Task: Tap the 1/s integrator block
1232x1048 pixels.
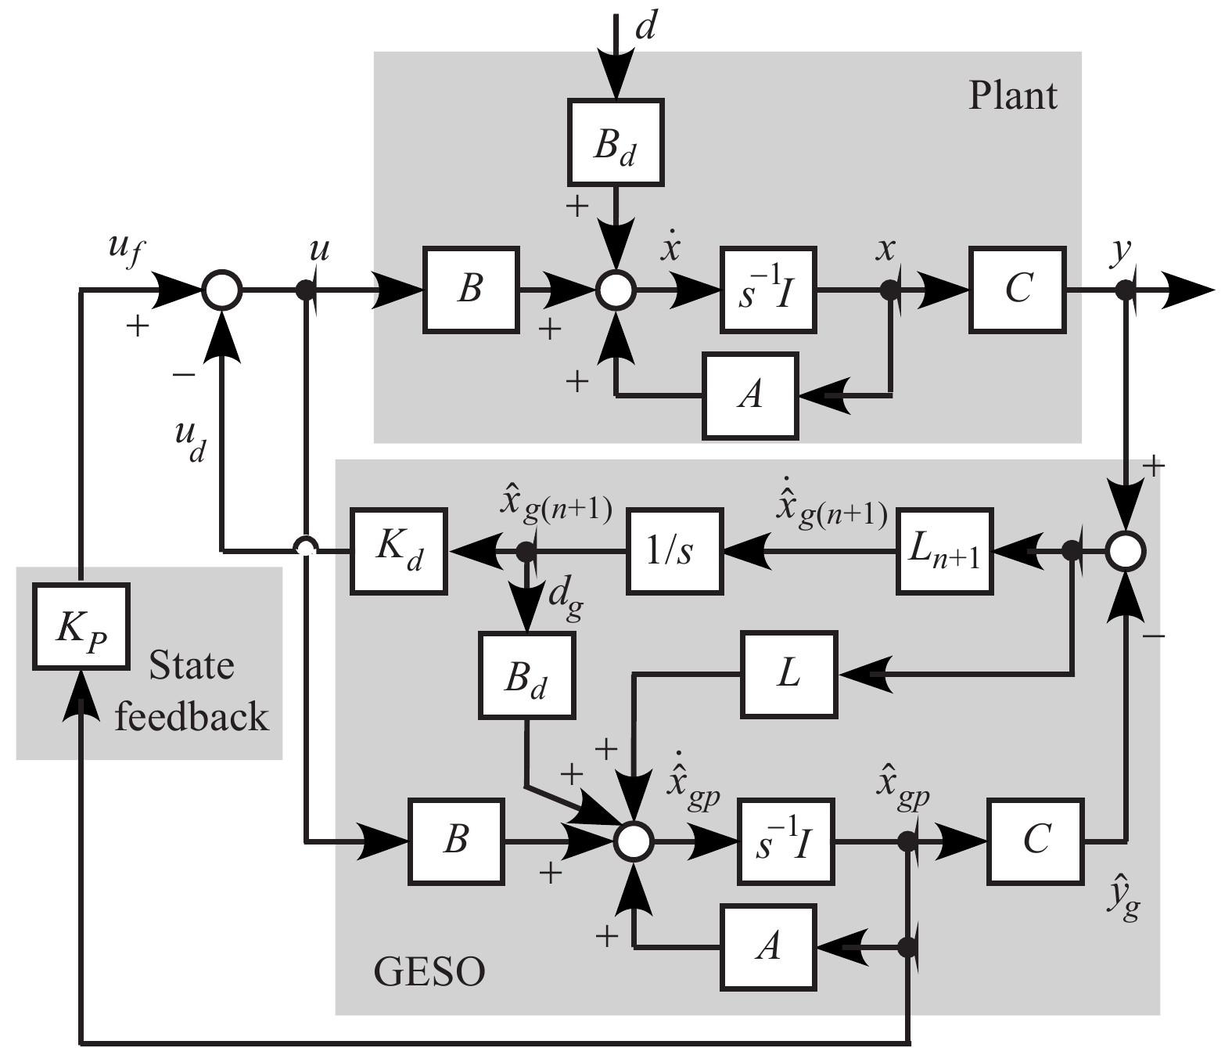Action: click(674, 551)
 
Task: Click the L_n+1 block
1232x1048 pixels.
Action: click(944, 551)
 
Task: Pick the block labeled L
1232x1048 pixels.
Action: click(788, 674)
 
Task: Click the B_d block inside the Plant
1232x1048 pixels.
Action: click(616, 142)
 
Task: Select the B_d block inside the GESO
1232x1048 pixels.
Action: click(526, 675)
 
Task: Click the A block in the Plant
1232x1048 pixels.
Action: click(750, 394)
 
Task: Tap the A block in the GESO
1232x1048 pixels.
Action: click(768, 947)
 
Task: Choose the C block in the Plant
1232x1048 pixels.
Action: click(1018, 290)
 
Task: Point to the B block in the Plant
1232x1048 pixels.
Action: click(471, 290)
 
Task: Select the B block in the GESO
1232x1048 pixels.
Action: click(456, 841)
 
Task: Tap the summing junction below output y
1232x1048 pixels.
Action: click(1125, 551)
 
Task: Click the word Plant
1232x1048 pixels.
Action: click(1012, 96)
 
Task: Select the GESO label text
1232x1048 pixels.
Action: click(429, 972)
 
